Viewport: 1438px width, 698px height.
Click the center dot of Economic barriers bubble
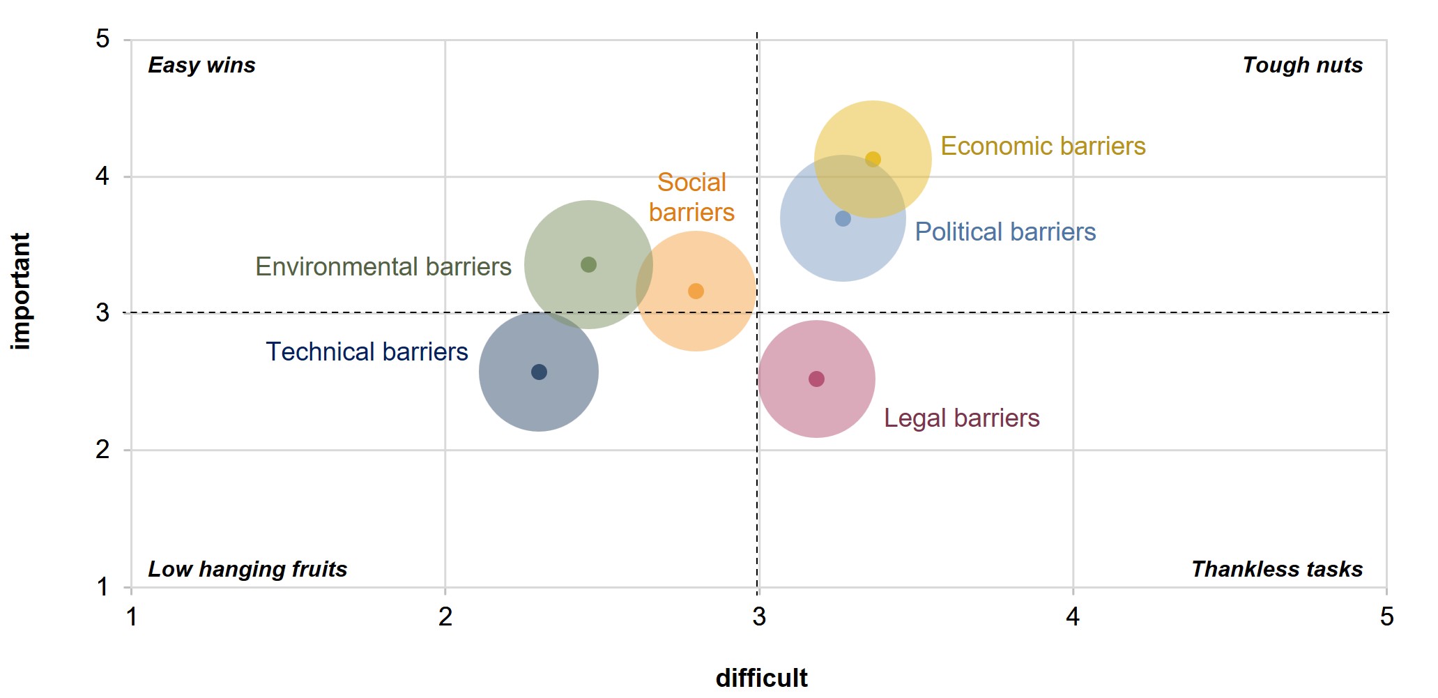pyautogui.click(x=873, y=159)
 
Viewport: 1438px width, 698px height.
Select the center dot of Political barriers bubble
pyautogui.click(x=843, y=218)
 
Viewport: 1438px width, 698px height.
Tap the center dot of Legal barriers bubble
pyautogui.click(x=816, y=379)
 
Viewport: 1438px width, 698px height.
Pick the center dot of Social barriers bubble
pyautogui.click(x=696, y=291)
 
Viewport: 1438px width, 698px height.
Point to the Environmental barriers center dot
pyautogui.click(x=588, y=264)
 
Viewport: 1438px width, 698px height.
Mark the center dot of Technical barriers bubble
pyautogui.click(x=539, y=372)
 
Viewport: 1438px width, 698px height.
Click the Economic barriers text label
pyautogui.click(x=1043, y=146)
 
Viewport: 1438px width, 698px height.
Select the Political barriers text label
pyautogui.click(x=1005, y=232)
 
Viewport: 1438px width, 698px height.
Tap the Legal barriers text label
pyautogui.click(x=961, y=418)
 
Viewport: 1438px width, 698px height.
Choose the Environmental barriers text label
pyautogui.click(x=383, y=266)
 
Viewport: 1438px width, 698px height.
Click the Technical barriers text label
pyautogui.click(x=367, y=351)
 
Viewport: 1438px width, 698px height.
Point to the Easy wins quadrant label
pyautogui.click(x=201, y=65)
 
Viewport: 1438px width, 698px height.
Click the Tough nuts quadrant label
pyautogui.click(x=1302, y=65)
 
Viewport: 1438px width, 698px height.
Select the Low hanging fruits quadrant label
pyautogui.click(x=247, y=569)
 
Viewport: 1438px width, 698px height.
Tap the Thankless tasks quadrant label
pyautogui.click(x=1276, y=569)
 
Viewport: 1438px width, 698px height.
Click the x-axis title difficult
pyautogui.click(x=761, y=678)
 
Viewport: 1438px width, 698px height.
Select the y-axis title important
pyautogui.click(x=21, y=291)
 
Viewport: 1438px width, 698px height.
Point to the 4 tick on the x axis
pyautogui.click(x=1073, y=616)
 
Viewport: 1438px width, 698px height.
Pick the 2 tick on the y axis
pyautogui.click(x=102, y=450)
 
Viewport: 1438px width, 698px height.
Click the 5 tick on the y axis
pyautogui.click(x=102, y=39)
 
